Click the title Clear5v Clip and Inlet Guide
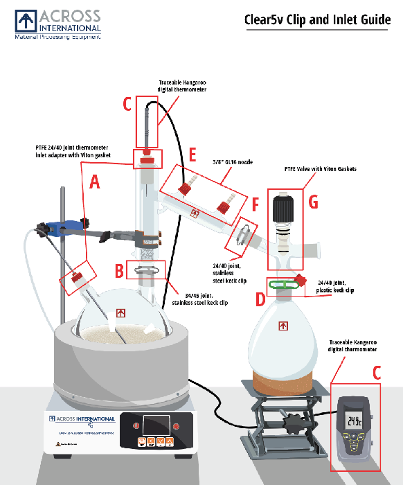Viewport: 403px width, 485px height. [x=317, y=19]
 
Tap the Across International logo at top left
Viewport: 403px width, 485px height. [x=58, y=24]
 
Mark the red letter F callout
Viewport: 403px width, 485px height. [x=255, y=206]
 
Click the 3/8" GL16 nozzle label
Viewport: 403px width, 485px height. [x=232, y=161]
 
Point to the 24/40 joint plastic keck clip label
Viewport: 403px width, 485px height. [x=337, y=286]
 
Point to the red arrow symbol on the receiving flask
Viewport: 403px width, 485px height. [x=283, y=325]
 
